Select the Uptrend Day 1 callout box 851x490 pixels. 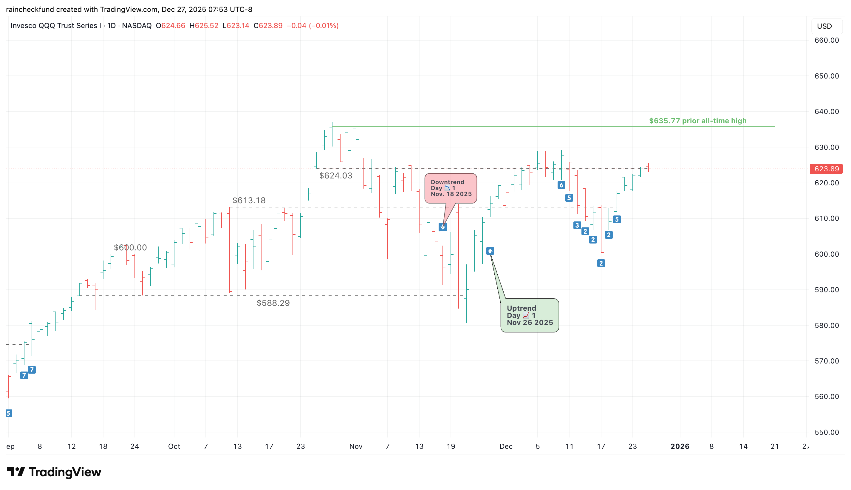pyautogui.click(x=530, y=315)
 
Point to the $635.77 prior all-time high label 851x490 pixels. pyautogui.click(x=697, y=121)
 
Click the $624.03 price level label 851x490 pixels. pyautogui.click(x=335, y=176)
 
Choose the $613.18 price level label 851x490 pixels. pyautogui.click(x=249, y=201)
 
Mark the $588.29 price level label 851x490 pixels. pyautogui.click(x=273, y=303)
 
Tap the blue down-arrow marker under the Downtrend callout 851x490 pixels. pyautogui.click(x=442, y=227)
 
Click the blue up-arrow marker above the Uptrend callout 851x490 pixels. pyautogui.click(x=490, y=251)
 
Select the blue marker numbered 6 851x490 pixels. pyautogui.click(x=561, y=185)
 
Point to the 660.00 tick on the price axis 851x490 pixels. pyautogui.click(x=827, y=40)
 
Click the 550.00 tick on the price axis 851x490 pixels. pyautogui.click(x=827, y=432)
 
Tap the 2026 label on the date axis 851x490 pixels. pyautogui.click(x=680, y=447)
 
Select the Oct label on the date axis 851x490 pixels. pyautogui.click(x=174, y=447)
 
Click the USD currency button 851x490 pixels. pyautogui.click(x=824, y=26)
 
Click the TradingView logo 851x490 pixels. pyautogui.click(x=54, y=472)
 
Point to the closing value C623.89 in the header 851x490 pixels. pyautogui.click(x=268, y=26)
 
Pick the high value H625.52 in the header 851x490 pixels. pyautogui.click(x=204, y=26)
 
